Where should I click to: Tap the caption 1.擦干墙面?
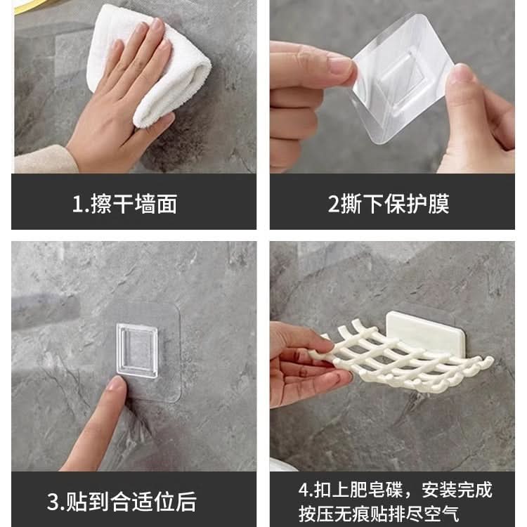point(124,204)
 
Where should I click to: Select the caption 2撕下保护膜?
point(389,204)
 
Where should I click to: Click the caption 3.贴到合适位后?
point(122,502)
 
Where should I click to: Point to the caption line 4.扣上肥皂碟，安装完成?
point(395,489)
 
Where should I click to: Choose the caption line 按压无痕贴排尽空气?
point(379,514)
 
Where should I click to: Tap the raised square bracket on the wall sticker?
point(137,351)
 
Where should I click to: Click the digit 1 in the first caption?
point(77,204)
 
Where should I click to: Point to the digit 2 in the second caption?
point(334,204)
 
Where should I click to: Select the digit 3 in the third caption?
point(53,502)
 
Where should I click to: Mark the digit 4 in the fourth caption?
point(304,490)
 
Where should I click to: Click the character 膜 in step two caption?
point(438,204)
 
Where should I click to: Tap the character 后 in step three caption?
point(186,502)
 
